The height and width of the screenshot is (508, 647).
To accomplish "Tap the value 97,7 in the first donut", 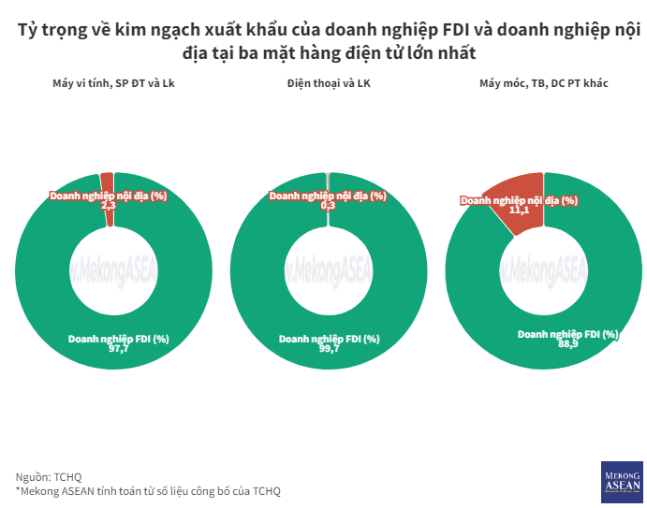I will coord(119,348).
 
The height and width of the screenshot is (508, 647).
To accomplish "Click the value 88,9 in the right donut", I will coord(567,344).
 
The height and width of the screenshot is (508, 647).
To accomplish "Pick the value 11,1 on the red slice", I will coord(520,210).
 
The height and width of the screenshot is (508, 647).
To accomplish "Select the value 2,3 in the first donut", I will coord(108,206).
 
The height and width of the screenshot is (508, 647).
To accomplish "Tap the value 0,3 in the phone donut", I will coord(328,206).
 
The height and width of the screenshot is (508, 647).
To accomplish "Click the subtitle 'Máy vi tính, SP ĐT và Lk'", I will coord(113,84).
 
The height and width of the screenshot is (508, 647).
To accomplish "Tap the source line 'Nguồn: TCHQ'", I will coord(49,475).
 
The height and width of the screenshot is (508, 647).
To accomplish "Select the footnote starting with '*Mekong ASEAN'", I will coord(148,490).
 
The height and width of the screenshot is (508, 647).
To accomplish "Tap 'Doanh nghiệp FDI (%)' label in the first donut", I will coord(119,338).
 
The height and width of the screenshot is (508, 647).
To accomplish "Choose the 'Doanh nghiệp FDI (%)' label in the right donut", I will coord(567,334).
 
